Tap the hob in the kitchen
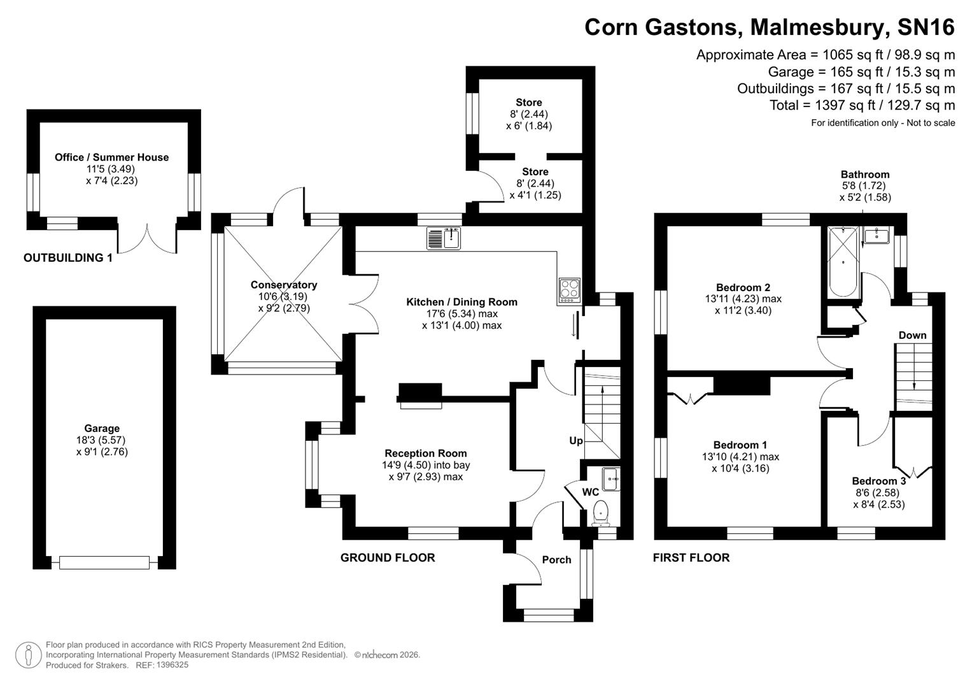click(x=569, y=290)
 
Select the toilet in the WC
click(x=600, y=512)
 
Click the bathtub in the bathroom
click(x=843, y=262)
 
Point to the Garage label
click(x=102, y=429)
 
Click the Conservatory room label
click(x=283, y=285)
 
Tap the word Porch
click(x=556, y=560)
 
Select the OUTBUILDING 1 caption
click(x=67, y=258)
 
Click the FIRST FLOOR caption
click(x=691, y=558)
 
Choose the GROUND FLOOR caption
click(x=388, y=558)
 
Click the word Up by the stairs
click(x=575, y=441)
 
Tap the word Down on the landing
click(x=912, y=335)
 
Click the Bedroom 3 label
click(x=878, y=481)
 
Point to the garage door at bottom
click(x=104, y=563)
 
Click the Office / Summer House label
click(x=111, y=157)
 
